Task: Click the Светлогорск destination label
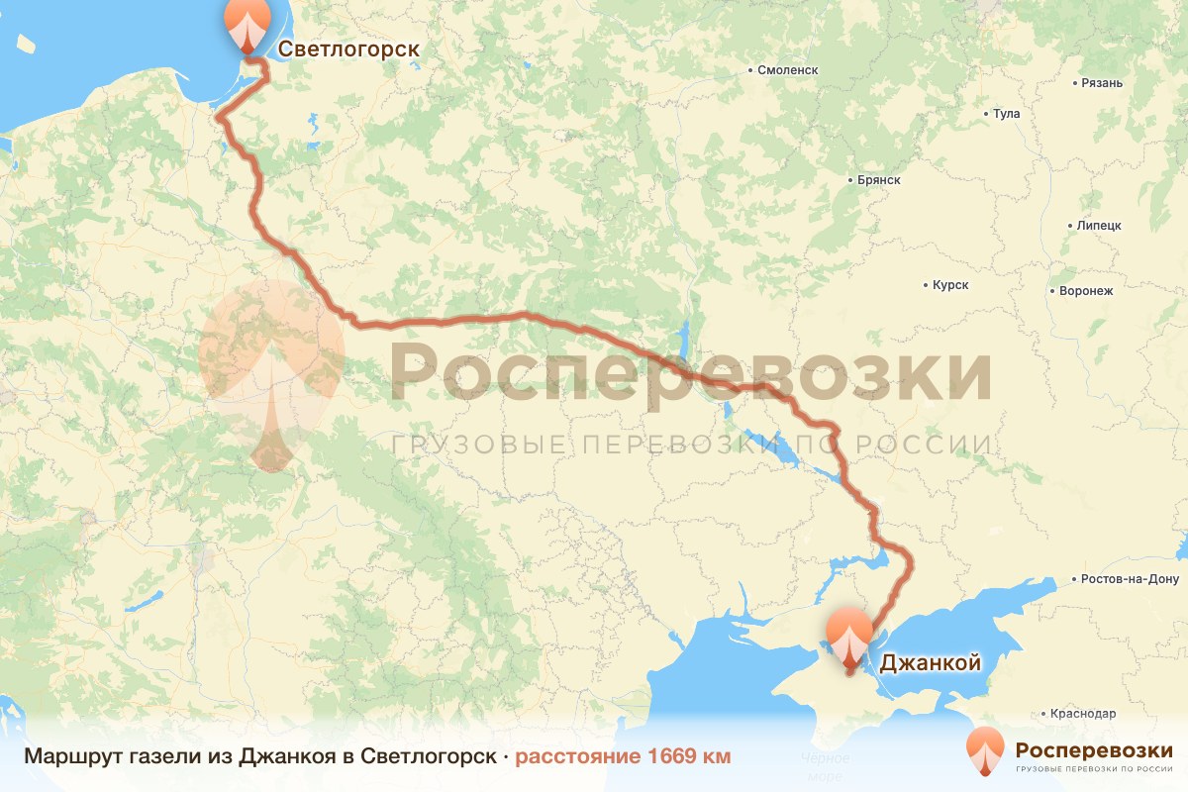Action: [348, 49]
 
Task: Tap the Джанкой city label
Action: [930, 662]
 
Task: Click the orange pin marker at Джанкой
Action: [849, 636]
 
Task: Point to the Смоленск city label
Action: [787, 70]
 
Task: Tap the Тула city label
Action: [1006, 114]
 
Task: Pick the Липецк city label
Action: [1099, 226]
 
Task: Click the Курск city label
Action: [950, 285]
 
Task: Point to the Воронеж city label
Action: [1086, 291]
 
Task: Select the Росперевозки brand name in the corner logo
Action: [1094, 748]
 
